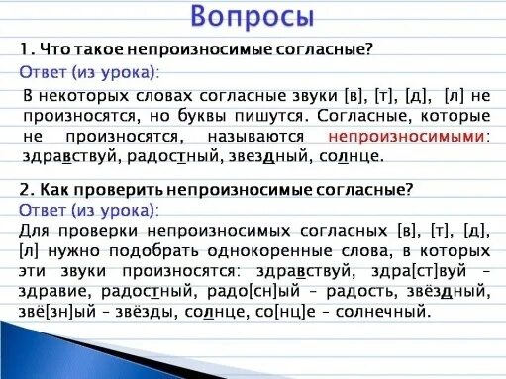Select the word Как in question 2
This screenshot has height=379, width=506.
pyautogui.click(x=53, y=188)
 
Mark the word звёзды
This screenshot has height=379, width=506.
pyautogui.click(x=123, y=312)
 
